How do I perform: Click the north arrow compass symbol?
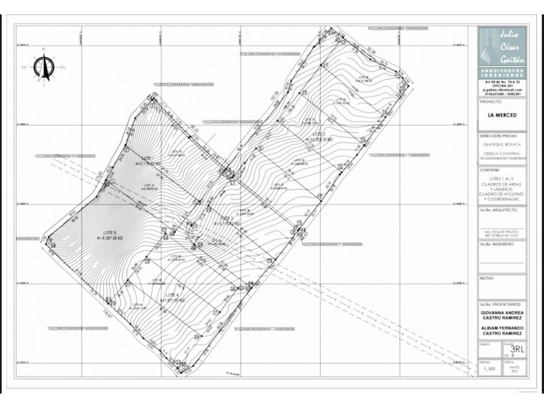tap(44, 65)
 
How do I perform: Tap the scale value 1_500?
tap(489, 368)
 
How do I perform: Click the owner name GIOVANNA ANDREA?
tap(503, 313)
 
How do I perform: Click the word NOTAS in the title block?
tap(487, 278)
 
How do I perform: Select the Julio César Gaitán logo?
tap(503, 45)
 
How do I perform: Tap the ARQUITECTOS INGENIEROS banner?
tap(503, 73)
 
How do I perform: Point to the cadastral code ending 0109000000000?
tap(398, 29)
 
